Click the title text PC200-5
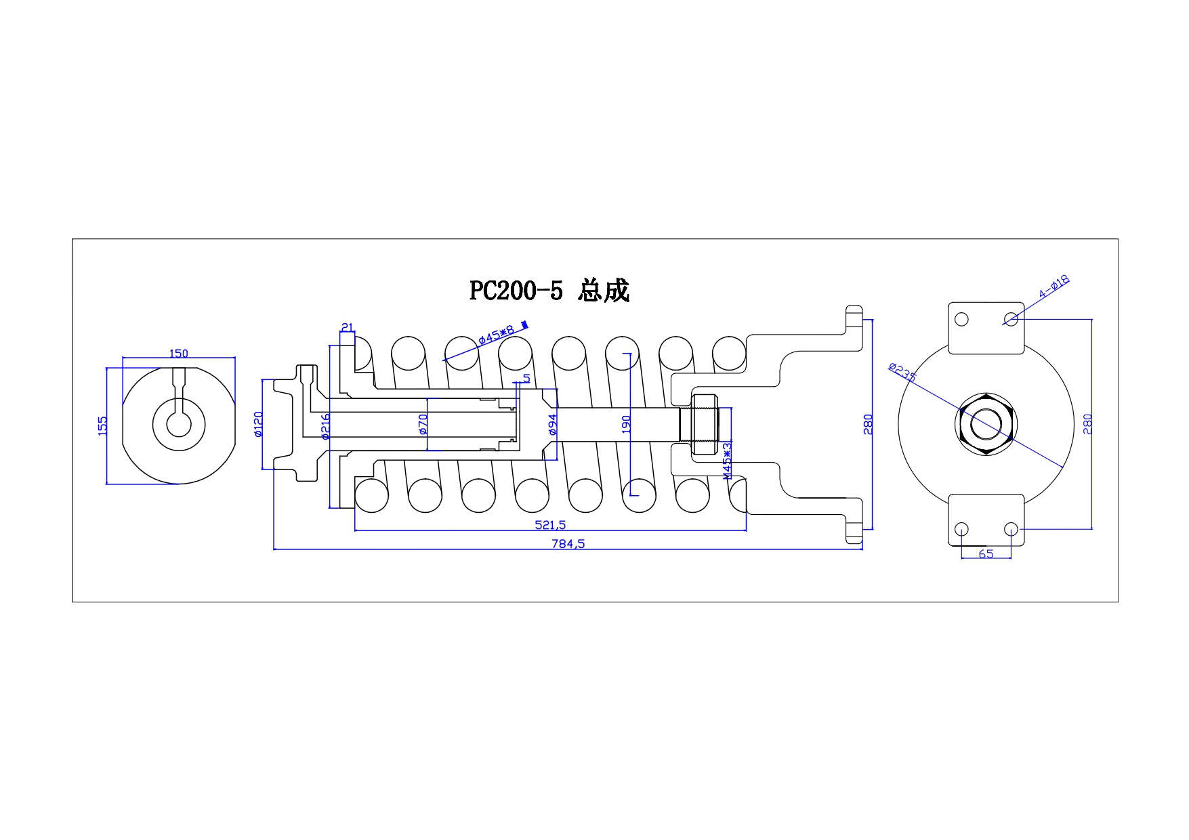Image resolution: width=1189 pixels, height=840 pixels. [x=516, y=291]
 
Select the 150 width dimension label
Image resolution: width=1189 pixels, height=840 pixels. [x=179, y=353]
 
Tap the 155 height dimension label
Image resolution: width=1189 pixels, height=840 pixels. [x=103, y=426]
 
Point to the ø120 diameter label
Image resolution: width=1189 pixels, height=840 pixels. [x=258, y=425]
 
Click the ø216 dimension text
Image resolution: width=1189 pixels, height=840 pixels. [x=325, y=427]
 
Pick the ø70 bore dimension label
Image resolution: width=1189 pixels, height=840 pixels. [x=423, y=424]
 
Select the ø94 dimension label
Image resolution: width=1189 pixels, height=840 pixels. [x=552, y=424]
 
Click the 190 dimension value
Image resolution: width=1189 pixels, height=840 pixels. [x=626, y=425]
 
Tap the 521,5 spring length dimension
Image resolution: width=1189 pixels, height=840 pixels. [x=550, y=524]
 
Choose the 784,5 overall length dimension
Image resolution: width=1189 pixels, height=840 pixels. [x=569, y=543]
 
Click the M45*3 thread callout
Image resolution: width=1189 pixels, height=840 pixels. [x=727, y=461]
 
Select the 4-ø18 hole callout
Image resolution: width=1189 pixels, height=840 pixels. [x=1054, y=287]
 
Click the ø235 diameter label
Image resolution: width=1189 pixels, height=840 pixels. [x=902, y=372]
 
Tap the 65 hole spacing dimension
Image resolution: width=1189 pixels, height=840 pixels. [x=986, y=553]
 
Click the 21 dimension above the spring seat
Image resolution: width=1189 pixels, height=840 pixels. [x=347, y=328]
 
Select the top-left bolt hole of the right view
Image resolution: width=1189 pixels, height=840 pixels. [x=961, y=319]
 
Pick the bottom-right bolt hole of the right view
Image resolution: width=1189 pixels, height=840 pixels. [x=1011, y=529]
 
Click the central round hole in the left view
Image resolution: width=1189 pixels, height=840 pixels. [x=179, y=425]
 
